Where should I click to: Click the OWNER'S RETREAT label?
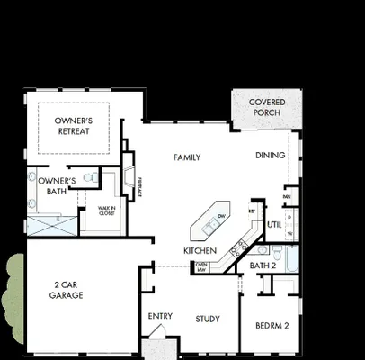tap(73, 126)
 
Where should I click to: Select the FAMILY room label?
tap(186, 157)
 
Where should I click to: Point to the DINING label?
tap(270, 155)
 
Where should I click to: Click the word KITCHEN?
tap(200, 249)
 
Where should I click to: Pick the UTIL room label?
tap(275, 224)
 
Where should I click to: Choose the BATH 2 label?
tap(263, 266)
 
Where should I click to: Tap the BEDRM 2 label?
tap(272, 326)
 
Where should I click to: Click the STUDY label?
tap(209, 319)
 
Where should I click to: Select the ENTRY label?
tap(160, 316)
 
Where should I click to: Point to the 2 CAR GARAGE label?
tap(67, 289)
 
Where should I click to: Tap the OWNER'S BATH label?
tap(50, 186)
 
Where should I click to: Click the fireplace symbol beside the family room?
tap(131, 174)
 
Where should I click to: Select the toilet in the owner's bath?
tap(90, 178)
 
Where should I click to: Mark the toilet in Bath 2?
tap(278, 253)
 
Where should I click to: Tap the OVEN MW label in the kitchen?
tap(201, 266)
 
